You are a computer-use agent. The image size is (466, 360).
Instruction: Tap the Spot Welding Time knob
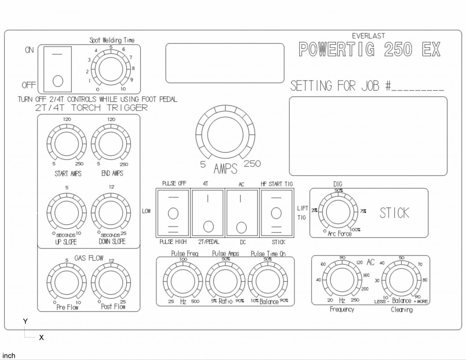111,69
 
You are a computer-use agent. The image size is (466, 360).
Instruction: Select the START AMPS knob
67,144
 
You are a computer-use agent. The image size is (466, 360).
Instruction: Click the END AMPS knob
111,144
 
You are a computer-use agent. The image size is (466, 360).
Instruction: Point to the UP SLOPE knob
67,213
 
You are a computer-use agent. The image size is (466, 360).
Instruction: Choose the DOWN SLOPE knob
111,213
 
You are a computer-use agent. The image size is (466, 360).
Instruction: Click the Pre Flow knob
67,282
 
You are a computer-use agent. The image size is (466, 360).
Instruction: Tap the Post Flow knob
111,282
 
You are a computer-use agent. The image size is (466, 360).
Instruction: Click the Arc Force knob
338,212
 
